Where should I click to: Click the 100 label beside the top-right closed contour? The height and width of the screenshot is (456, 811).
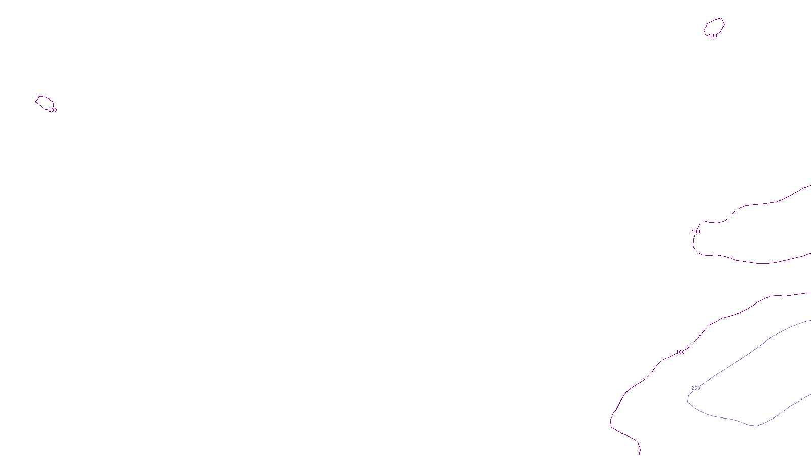[x=713, y=36]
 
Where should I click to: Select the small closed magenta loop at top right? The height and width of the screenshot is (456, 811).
[x=714, y=27]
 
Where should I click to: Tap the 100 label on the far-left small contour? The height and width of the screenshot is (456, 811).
[x=53, y=110]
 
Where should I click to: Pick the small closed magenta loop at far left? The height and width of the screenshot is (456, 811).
[x=45, y=102]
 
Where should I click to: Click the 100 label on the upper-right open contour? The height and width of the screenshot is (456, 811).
[x=696, y=232]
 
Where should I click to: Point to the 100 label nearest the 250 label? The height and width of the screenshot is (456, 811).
[x=680, y=352]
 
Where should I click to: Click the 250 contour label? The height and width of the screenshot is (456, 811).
[x=696, y=388]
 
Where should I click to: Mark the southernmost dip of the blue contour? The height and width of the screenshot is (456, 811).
[x=755, y=426]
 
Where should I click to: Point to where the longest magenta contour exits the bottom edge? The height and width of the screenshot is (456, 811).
[x=640, y=454]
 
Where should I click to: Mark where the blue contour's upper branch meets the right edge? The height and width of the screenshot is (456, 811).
[x=809, y=321]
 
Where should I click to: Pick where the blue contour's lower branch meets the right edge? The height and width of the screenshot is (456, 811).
[x=809, y=394]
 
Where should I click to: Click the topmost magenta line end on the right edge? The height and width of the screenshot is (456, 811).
[x=809, y=186]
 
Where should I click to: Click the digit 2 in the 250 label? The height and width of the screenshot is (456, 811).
[x=693, y=388]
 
